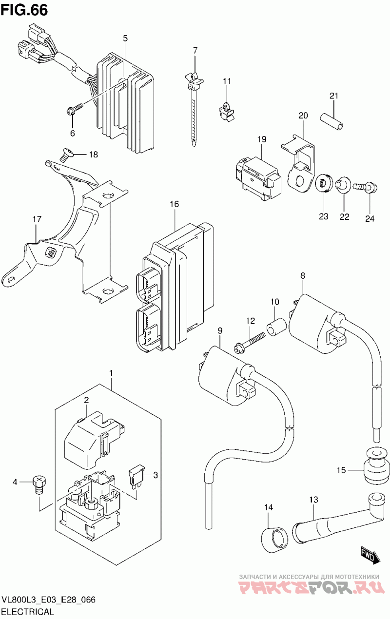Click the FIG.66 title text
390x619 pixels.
click(24, 10)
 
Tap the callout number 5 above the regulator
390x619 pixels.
click(125, 38)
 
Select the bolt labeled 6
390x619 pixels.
click(75, 109)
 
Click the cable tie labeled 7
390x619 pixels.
click(195, 108)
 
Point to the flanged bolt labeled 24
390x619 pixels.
click(365, 188)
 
